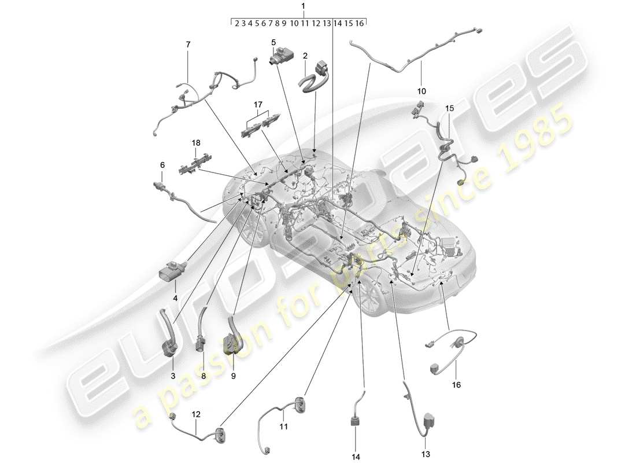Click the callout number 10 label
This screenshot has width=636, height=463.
click(421, 91)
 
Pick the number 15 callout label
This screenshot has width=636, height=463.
click(450, 108)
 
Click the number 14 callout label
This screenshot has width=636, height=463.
click(355, 457)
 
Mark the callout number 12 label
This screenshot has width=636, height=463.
click(197, 414)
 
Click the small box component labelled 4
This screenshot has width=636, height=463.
click(172, 270)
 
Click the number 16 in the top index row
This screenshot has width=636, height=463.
click(360, 23)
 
